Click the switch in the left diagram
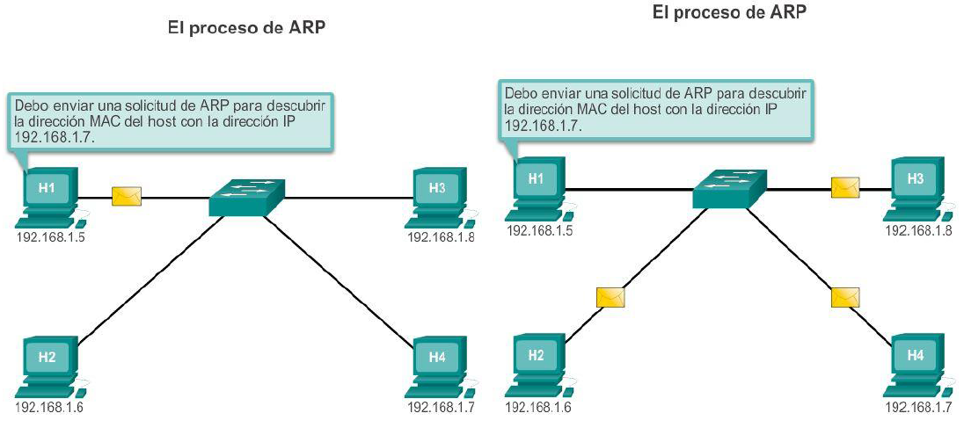(x=247, y=198)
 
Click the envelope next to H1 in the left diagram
(x=127, y=196)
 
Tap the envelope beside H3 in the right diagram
(x=845, y=186)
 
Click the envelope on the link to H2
(x=610, y=297)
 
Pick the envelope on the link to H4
(x=844, y=297)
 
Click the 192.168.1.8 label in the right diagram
(x=917, y=230)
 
